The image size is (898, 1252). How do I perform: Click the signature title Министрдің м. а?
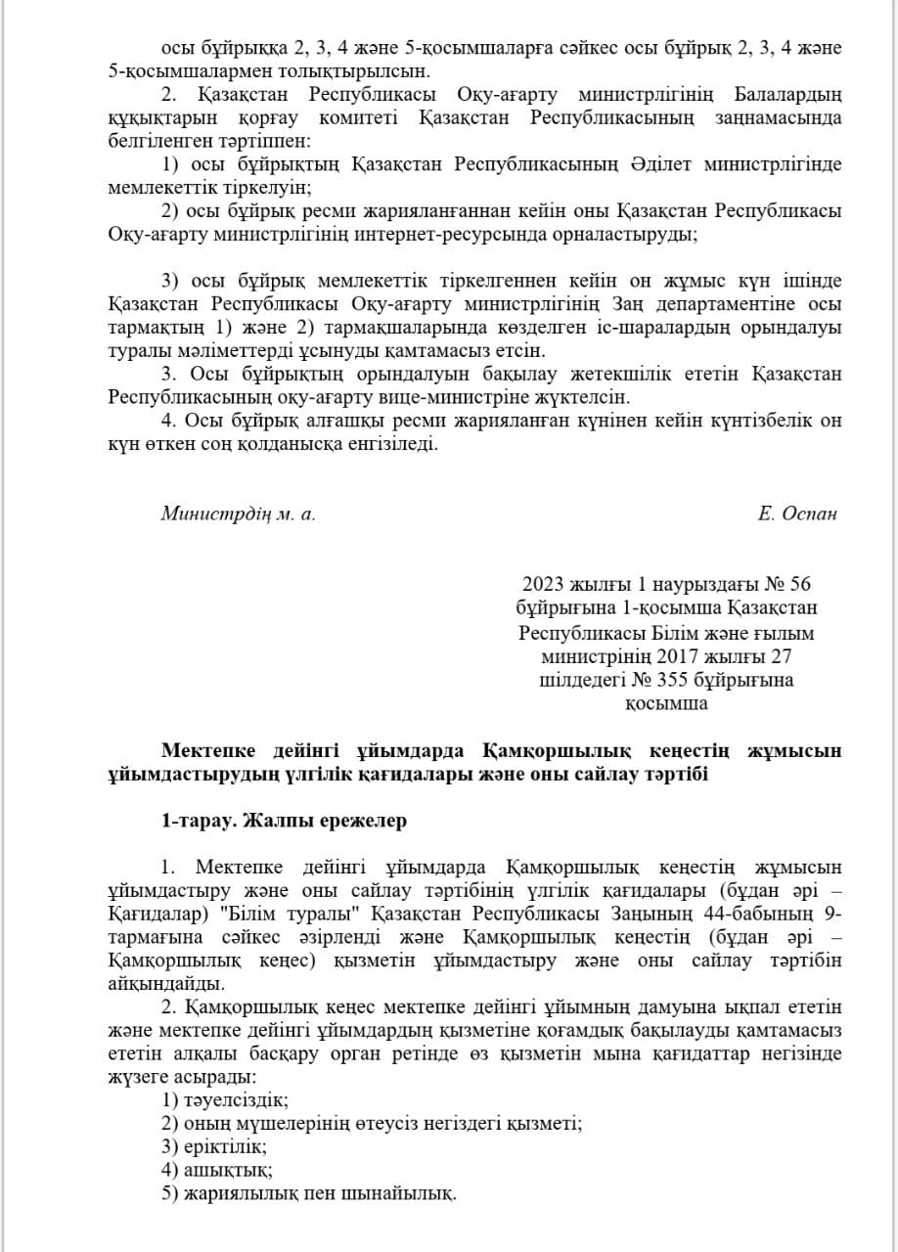pos(238,514)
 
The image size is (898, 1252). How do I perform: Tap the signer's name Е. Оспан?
pos(797,514)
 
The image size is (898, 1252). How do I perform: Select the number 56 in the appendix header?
pos(800,585)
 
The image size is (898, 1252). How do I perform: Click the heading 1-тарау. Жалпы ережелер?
pos(284,822)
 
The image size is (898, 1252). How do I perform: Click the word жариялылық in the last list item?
pos(236,1193)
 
